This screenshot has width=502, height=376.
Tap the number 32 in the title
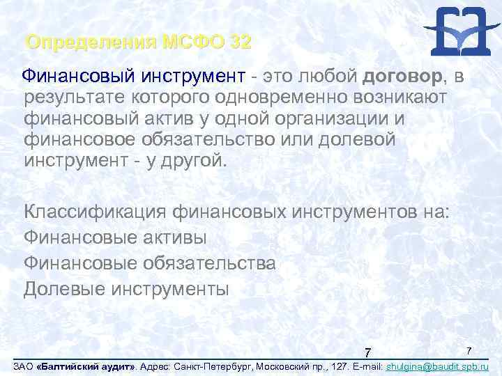(x=238, y=42)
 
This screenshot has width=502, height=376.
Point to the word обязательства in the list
(x=209, y=263)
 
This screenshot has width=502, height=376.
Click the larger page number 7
(x=369, y=350)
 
